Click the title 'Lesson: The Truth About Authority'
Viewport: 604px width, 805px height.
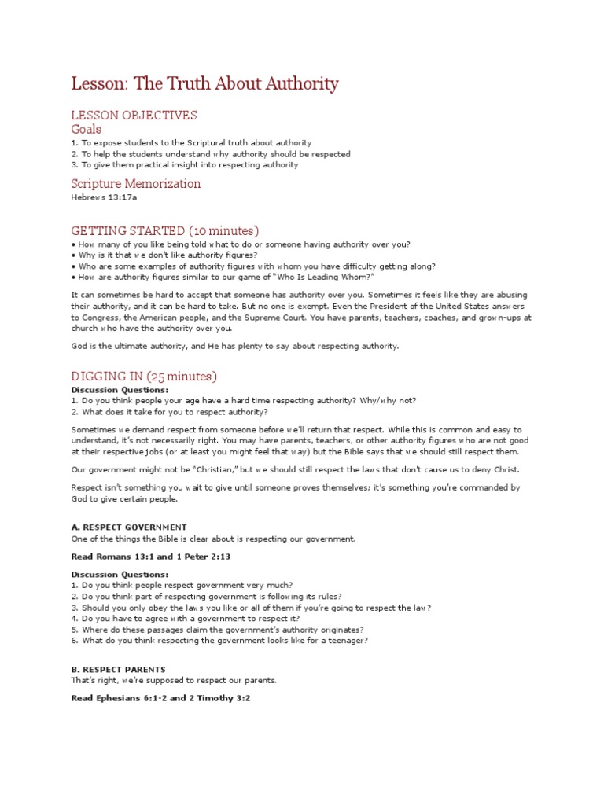204,83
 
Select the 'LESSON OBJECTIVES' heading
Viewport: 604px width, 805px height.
134,116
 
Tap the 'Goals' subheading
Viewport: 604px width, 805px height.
87,129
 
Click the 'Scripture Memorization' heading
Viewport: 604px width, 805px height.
135,184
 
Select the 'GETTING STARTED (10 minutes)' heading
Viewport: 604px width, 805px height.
164,230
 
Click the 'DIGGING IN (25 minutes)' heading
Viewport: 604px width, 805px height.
144,377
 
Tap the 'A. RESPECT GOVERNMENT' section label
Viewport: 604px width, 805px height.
129,527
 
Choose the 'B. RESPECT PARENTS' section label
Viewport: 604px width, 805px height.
118,670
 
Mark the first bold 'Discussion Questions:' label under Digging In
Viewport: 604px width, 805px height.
120,390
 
